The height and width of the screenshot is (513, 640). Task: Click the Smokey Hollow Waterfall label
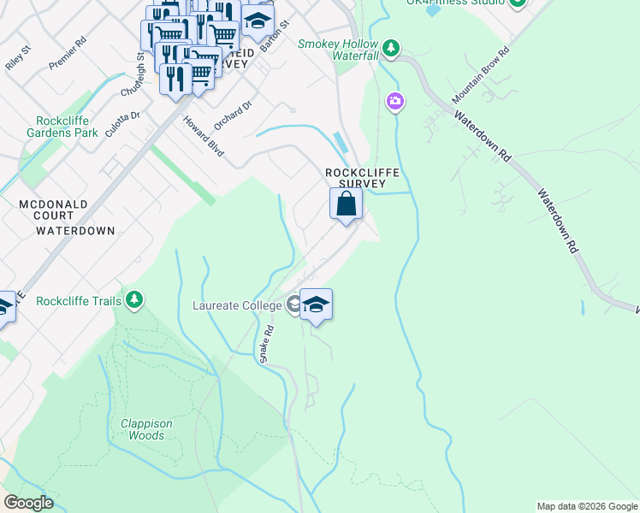point(338,50)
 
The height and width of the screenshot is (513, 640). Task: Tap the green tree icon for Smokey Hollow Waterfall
point(392,48)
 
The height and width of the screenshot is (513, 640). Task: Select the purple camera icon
point(395,103)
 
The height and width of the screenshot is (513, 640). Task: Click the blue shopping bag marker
point(346,205)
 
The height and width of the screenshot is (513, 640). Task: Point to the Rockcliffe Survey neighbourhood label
point(363,178)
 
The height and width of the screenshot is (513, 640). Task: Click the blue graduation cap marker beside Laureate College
point(316,305)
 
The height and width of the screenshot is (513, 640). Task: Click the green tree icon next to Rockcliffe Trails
point(133,299)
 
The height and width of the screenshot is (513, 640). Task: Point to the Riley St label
point(18,64)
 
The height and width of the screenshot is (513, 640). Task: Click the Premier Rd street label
point(68,53)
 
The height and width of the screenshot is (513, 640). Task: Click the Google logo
point(28,502)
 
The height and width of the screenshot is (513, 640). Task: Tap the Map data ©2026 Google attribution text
point(587,506)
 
